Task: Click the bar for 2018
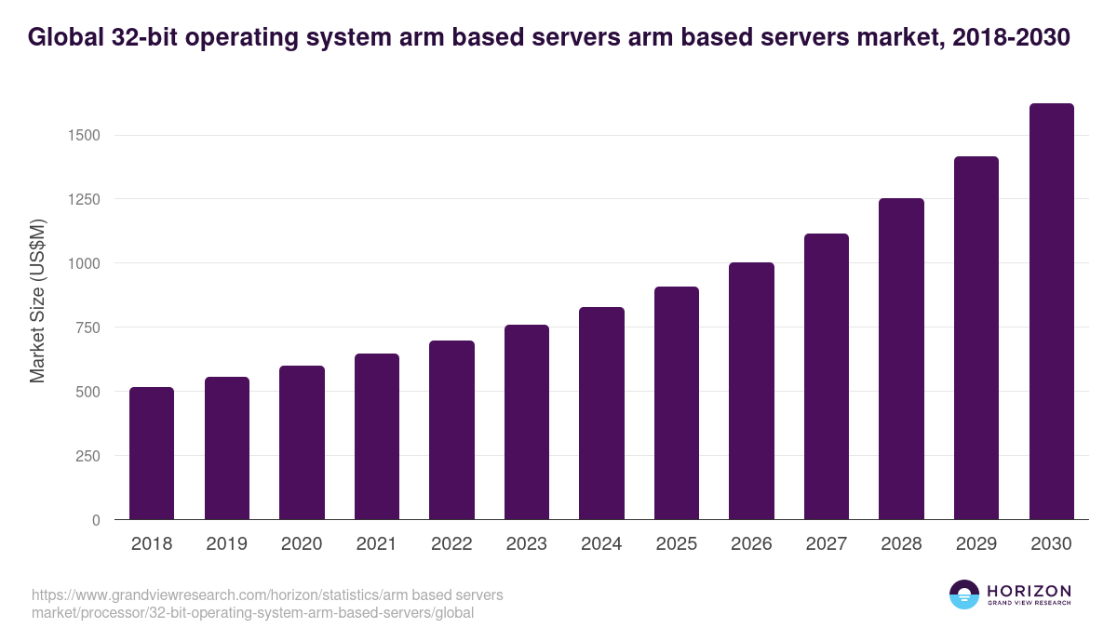click(x=152, y=453)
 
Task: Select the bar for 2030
click(x=1051, y=312)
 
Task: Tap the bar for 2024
click(x=601, y=413)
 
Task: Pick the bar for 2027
click(x=827, y=377)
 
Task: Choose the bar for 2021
click(x=377, y=436)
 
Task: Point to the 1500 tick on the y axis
click(x=83, y=136)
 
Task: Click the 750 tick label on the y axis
click(x=87, y=327)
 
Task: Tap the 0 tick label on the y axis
click(x=96, y=520)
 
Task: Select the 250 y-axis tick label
click(x=87, y=456)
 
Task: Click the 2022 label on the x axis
click(x=451, y=544)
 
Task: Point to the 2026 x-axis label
click(x=751, y=544)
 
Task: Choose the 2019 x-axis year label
click(x=226, y=544)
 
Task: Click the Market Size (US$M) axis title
click(x=37, y=301)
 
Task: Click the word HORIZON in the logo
click(x=1029, y=591)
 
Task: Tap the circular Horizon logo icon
click(x=964, y=595)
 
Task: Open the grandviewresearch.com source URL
click(x=268, y=604)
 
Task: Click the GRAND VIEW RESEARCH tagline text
click(x=1029, y=604)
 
